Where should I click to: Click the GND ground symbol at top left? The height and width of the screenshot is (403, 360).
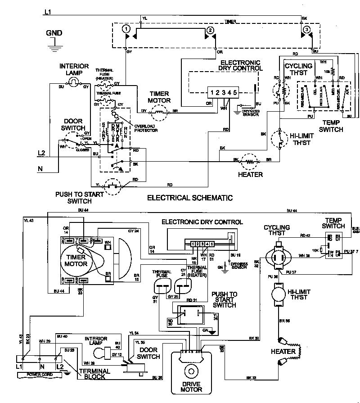tap(54, 42)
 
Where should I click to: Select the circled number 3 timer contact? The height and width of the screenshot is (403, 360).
tap(306, 29)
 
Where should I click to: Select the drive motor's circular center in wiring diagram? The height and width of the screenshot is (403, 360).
tap(191, 372)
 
